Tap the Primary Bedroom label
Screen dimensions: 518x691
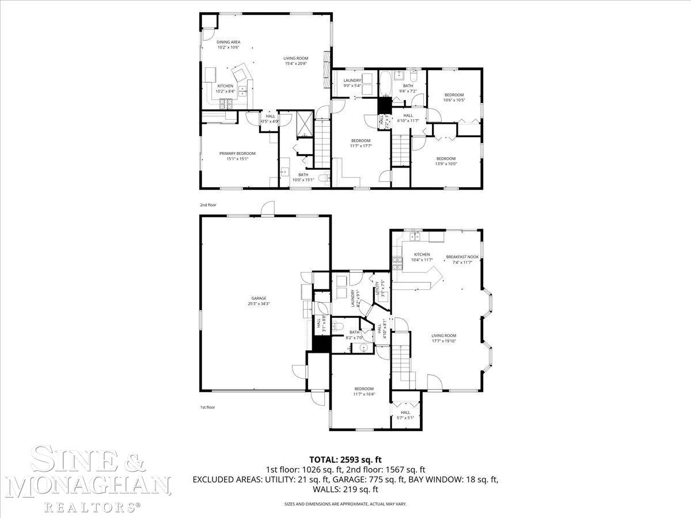point(237,153)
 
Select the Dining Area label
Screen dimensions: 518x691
point(228,42)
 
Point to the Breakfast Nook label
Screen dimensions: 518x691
point(462,257)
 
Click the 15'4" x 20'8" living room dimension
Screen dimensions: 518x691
point(295,63)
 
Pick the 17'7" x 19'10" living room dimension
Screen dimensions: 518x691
point(443,341)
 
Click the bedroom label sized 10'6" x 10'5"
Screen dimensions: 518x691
point(454,95)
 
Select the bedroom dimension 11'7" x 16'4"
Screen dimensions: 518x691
point(364,394)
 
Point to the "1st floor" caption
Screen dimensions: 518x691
point(207,407)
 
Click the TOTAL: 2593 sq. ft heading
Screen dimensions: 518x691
point(345,459)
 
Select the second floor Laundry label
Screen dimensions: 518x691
point(352,81)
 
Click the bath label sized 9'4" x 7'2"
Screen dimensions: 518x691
point(408,86)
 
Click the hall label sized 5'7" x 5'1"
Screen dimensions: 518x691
point(405,412)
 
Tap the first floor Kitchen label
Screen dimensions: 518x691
point(422,254)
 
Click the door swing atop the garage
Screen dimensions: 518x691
point(267,208)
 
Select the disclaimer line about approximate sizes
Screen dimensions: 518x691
point(345,504)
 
